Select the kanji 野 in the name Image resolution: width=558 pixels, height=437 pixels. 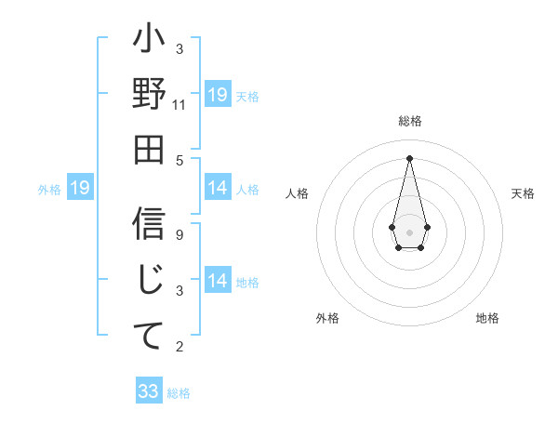point(149,98)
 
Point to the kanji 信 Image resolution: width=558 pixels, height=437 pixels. point(149,223)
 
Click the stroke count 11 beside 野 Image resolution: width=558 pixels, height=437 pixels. point(179,105)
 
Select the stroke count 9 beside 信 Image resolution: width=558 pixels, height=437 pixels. point(179,234)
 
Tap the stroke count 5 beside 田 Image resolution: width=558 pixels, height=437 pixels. point(179,159)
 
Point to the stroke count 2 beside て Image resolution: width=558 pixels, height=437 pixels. point(179,347)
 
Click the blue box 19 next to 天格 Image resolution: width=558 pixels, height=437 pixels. point(218,94)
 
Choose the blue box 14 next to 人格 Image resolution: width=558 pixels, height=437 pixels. point(218,188)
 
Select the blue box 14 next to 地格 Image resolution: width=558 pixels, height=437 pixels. point(218,281)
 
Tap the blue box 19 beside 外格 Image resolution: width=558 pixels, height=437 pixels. point(80,189)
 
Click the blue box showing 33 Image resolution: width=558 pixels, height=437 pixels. point(149,391)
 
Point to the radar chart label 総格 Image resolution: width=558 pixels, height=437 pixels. point(409,122)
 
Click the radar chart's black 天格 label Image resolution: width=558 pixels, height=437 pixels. point(523,193)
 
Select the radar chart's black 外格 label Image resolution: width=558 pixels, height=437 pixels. point(327,318)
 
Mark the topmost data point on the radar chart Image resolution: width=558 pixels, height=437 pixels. point(409,157)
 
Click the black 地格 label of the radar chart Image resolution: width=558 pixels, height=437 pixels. point(487,318)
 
